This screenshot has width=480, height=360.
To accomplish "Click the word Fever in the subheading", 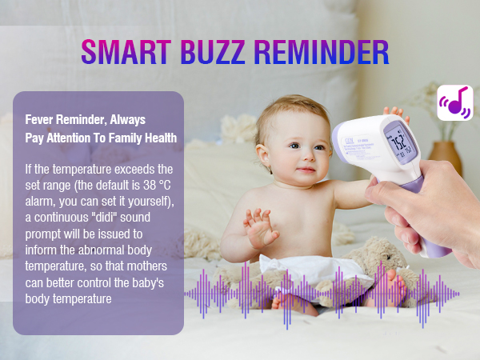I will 41,120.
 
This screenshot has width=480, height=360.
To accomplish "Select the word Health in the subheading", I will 158,138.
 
